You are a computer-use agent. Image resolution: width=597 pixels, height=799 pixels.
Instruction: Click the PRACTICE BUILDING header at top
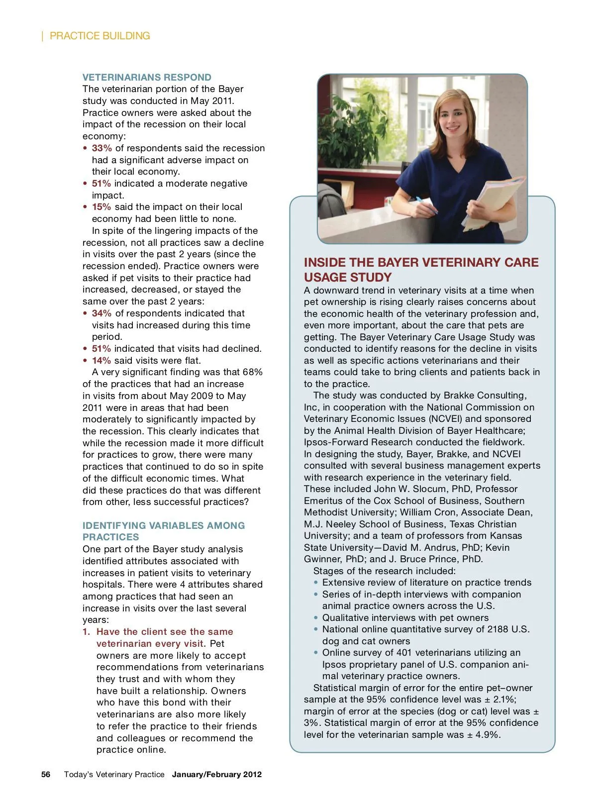[x=99, y=36]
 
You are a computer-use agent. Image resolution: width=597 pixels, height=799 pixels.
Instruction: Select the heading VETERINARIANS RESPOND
[x=147, y=77]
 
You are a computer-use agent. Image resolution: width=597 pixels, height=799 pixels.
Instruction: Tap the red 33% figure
[x=101, y=148]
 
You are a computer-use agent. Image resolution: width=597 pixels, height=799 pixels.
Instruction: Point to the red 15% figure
[x=101, y=207]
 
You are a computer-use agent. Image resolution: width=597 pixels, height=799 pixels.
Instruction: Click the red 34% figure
[x=101, y=313]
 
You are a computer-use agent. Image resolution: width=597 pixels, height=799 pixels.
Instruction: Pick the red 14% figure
[x=101, y=360]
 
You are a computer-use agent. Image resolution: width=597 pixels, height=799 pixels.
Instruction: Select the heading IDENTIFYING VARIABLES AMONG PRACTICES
[x=164, y=531]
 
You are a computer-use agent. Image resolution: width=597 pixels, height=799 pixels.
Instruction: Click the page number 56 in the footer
[x=46, y=774]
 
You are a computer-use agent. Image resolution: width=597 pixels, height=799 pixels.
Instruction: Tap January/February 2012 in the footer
[x=217, y=774]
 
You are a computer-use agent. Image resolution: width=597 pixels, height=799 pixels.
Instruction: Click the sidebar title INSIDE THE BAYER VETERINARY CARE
[x=421, y=263]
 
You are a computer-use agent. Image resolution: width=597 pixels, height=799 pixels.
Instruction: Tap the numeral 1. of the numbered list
[x=87, y=632]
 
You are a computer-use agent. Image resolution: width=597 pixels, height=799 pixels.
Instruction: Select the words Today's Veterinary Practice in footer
[x=114, y=774]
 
